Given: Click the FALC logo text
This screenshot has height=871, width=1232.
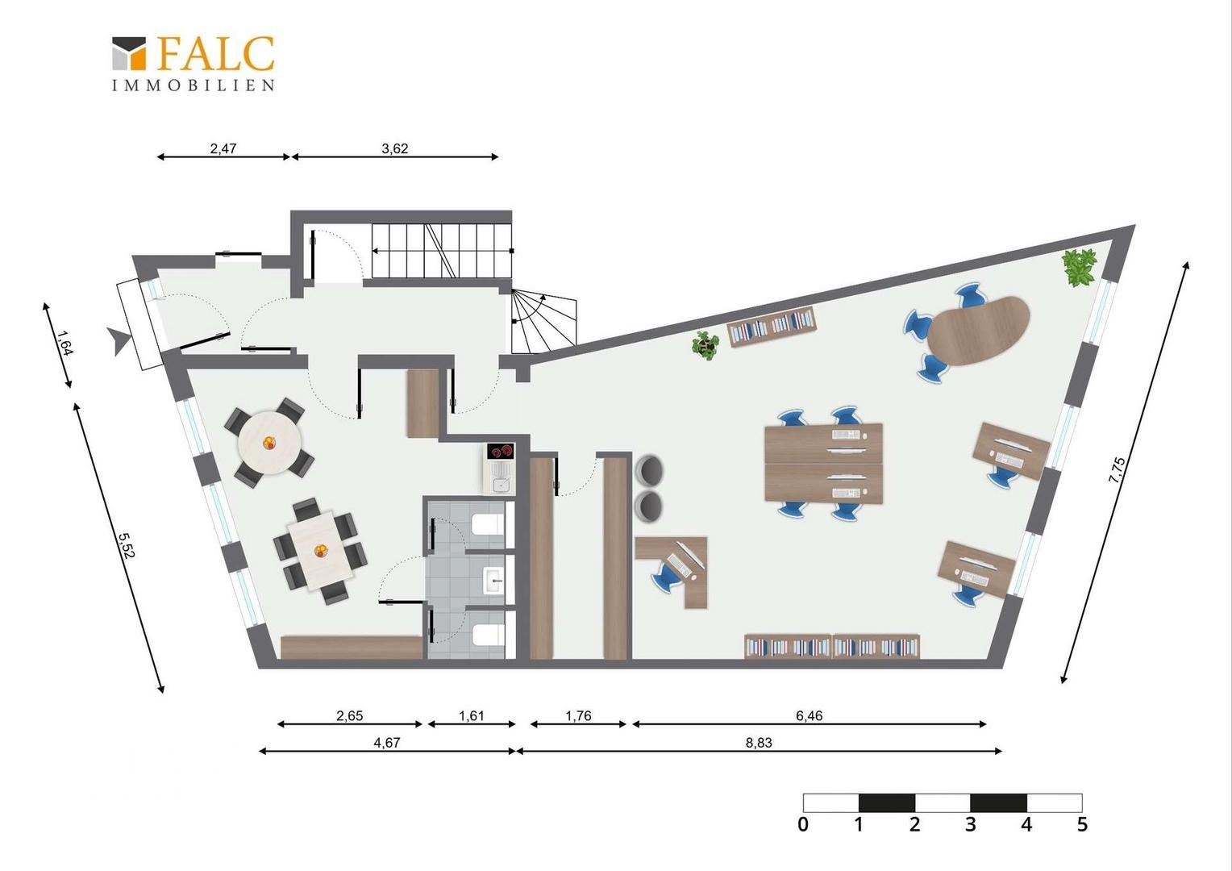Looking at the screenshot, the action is (216, 54).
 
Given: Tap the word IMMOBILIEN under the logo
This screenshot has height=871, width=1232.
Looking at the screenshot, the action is (193, 85).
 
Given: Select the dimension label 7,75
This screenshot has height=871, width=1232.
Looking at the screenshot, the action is (1117, 470).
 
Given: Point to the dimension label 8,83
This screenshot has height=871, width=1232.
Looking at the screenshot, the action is (759, 743).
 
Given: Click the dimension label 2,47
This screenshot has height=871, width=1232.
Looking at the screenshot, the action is (223, 148).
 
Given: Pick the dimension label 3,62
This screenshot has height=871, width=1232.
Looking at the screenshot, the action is (395, 148).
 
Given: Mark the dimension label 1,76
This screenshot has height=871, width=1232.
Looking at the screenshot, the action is (578, 716).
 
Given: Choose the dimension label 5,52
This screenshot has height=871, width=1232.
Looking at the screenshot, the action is (126, 544).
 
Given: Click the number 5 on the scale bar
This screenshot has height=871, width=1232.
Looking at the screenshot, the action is (1082, 824).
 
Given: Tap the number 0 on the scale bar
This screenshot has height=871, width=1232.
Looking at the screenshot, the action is (803, 824).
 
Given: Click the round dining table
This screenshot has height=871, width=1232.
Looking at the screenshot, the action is (269, 443).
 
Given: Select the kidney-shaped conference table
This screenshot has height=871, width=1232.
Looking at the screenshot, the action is (979, 331).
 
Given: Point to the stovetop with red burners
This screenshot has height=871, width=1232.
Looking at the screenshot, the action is (500, 452).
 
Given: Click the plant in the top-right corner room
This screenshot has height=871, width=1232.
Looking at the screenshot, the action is (1080, 268).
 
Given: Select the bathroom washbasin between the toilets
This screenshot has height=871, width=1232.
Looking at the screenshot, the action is (494, 580).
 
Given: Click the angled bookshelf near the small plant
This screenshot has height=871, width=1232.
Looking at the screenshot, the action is (772, 327).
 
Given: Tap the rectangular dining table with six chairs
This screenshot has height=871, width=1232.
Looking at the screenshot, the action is (321, 551).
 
